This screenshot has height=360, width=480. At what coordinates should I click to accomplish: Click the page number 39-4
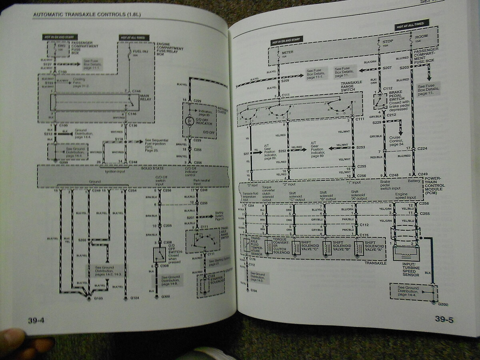(x=36, y=320)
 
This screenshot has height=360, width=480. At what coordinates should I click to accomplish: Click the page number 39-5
(x=444, y=320)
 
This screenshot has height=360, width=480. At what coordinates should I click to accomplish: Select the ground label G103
(x=98, y=298)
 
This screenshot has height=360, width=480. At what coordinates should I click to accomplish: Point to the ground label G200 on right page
(x=442, y=304)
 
